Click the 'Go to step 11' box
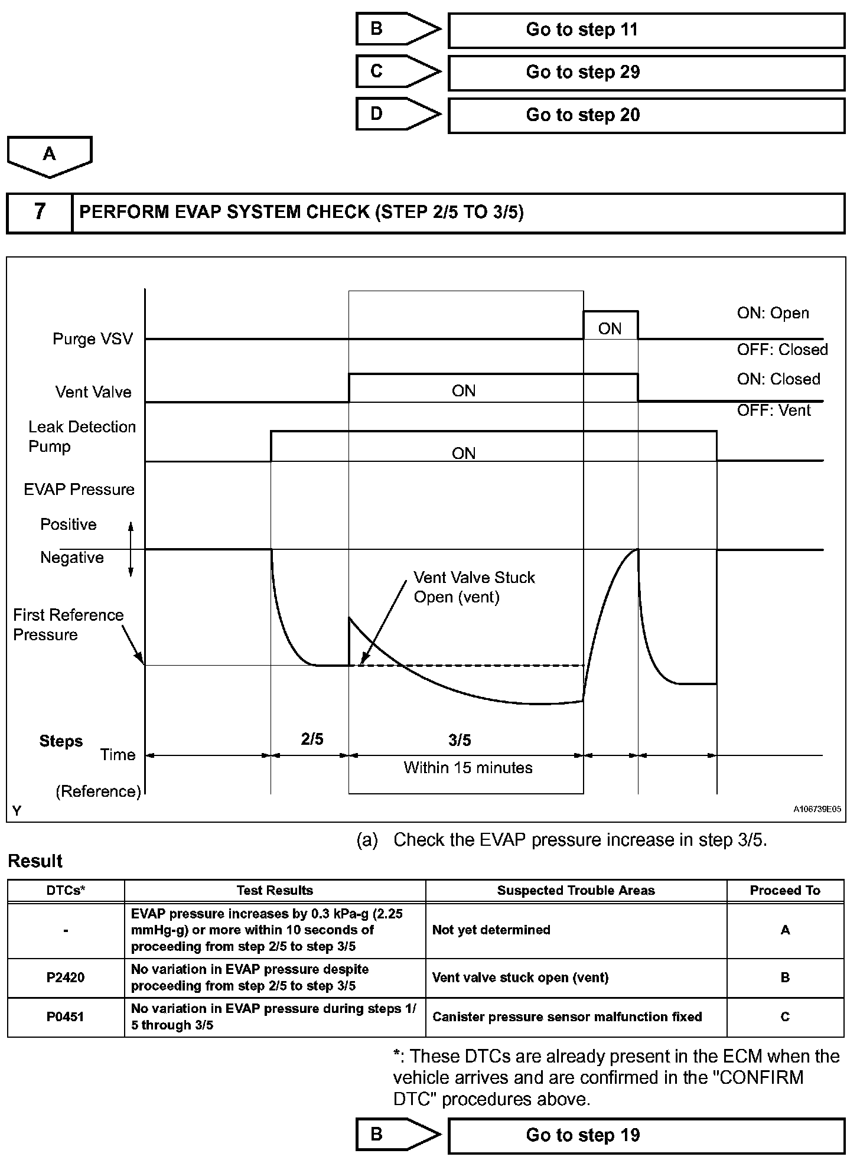(x=646, y=30)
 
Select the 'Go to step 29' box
(x=646, y=73)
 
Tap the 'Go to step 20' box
(x=646, y=115)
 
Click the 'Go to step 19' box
(x=646, y=1135)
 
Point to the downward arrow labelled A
(x=50, y=156)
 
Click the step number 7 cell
(x=40, y=212)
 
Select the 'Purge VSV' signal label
(x=93, y=339)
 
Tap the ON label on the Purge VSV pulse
(x=610, y=329)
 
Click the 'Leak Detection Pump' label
(x=82, y=436)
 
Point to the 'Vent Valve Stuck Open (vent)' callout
(x=474, y=587)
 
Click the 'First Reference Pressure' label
(x=68, y=625)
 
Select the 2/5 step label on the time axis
(x=312, y=739)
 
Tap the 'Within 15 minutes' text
(x=468, y=768)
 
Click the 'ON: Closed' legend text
(x=778, y=379)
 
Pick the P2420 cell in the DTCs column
(x=66, y=977)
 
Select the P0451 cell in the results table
(x=66, y=1016)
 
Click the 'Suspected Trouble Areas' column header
(x=576, y=891)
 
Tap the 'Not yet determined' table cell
(x=491, y=930)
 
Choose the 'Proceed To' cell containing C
(x=785, y=1016)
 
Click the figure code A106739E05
(x=817, y=809)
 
